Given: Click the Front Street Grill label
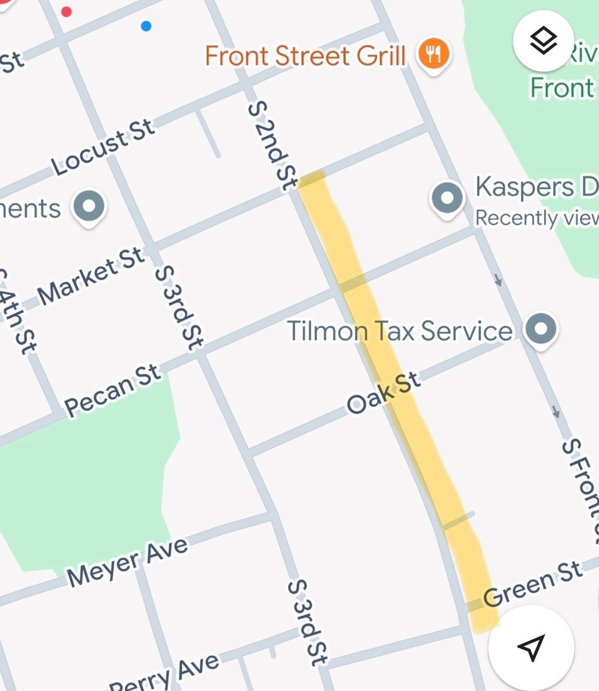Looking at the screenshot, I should click(305, 55).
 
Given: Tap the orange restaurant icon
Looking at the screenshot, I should click(433, 54).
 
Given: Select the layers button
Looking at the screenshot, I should click(544, 41).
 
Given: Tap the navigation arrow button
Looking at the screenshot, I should click(531, 647).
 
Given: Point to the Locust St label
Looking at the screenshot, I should click(103, 148).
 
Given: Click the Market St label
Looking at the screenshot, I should click(91, 276).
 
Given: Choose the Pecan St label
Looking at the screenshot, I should click(113, 391).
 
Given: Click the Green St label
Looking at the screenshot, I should click(533, 584).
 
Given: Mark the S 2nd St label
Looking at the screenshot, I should click(273, 145).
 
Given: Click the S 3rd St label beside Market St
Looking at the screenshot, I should click(179, 307).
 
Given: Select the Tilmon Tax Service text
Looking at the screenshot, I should click(399, 331).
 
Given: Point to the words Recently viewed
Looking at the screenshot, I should click(537, 218).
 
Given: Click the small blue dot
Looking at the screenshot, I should click(146, 26).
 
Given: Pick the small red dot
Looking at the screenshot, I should click(66, 11).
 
